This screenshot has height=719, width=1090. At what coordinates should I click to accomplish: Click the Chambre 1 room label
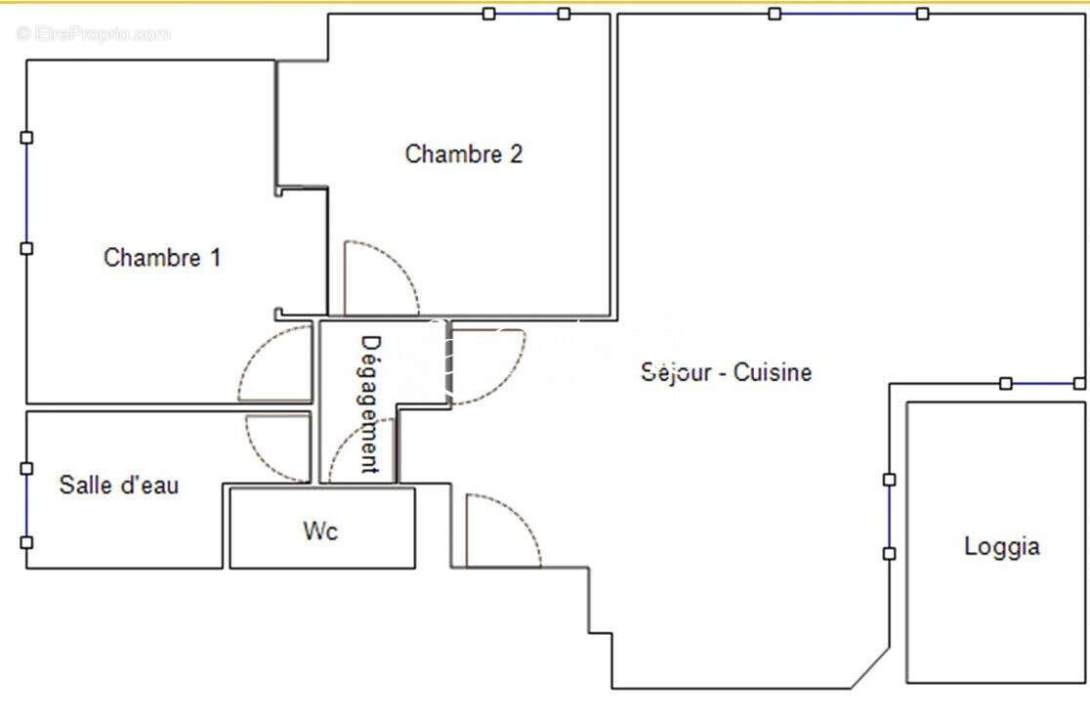(x=162, y=258)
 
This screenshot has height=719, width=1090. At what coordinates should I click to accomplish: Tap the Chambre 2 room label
(x=464, y=153)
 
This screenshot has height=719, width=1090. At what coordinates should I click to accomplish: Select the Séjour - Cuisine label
(x=726, y=372)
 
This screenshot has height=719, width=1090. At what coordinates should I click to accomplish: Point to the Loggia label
(x=1002, y=546)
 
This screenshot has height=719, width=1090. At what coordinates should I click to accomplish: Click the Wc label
(x=320, y=531)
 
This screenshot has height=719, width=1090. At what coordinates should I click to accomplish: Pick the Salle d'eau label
(x=119, y=485)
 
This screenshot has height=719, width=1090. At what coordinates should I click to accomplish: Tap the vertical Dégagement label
(x=370, y=404)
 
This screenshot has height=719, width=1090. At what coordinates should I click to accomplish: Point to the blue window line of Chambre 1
(x=26, y=192)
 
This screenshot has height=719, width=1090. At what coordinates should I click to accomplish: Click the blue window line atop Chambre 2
(x=526, y=14)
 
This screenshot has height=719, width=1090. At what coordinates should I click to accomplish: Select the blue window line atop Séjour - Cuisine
(x=848, y=14)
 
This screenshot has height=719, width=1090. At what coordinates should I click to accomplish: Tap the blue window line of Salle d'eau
(x=26, y=505)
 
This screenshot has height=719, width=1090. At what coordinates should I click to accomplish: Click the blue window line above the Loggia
(x=1042, y=383)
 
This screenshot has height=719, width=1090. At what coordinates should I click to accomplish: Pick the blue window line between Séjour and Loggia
(x=889, y=516)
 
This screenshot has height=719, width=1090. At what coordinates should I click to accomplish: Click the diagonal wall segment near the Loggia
(x=870, y=668)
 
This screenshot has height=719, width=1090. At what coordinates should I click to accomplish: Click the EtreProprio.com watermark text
(x=93, y=33)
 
